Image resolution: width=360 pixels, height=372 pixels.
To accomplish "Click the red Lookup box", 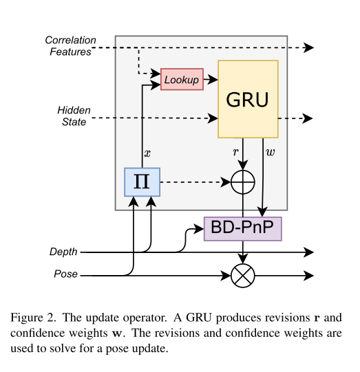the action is point(182,79).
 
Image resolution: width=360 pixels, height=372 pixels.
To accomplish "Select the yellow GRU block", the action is point(248,99).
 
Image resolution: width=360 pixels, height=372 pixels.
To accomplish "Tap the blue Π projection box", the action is point(142,182).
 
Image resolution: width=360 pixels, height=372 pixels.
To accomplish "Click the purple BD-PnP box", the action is point(243,229).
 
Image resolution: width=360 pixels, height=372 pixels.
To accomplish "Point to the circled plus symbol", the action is point(243,182).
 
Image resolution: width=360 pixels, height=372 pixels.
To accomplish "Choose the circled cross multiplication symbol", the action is point(243,276).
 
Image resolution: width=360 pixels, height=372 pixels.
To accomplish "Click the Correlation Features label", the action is point(70,46).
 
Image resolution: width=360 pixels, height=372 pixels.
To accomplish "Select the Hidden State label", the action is point(74,116).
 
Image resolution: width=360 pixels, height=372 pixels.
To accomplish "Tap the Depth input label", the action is point(63,252).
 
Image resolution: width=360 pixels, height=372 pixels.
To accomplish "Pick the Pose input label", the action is point(66,274).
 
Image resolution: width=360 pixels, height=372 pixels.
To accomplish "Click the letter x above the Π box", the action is point(147,153).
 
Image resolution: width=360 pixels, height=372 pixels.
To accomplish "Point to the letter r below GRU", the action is point(235,152).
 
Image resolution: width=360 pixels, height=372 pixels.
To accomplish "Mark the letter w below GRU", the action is point(271,152).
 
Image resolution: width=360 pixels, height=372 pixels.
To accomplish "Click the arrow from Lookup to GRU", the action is point(211,80).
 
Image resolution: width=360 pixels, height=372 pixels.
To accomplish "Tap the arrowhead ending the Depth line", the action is point(309,252).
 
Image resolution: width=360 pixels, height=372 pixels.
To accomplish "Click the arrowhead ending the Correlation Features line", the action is point(309,47).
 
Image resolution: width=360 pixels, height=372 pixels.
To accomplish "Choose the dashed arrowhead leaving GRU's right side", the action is point(308,118).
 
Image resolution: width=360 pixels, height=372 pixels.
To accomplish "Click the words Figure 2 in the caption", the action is point(33,318).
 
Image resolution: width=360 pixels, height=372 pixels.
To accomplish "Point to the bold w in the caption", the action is point(118,333).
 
